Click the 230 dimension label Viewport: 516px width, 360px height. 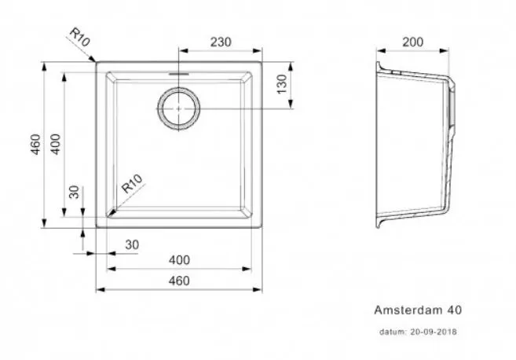221,42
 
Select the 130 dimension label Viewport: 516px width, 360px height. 282,84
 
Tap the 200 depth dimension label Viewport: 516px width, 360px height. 412,42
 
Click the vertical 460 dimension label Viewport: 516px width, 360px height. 35,145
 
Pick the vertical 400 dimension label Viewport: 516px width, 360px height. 56,145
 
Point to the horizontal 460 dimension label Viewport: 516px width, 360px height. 179,281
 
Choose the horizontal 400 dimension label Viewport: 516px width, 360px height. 179,260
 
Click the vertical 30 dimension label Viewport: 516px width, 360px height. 75,193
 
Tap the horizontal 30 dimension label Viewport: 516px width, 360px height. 132,245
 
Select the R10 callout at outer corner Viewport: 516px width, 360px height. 79,37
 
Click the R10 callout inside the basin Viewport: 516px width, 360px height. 132,183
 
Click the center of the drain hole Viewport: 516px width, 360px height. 179,108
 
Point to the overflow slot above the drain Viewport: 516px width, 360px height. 179,74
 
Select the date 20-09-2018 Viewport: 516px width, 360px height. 434,332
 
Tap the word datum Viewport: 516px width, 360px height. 393,332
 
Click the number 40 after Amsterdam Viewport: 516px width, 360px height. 455,310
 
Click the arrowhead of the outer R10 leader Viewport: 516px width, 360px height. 93,59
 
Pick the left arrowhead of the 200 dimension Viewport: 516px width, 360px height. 381,51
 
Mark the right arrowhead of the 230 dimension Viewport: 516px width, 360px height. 258,51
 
